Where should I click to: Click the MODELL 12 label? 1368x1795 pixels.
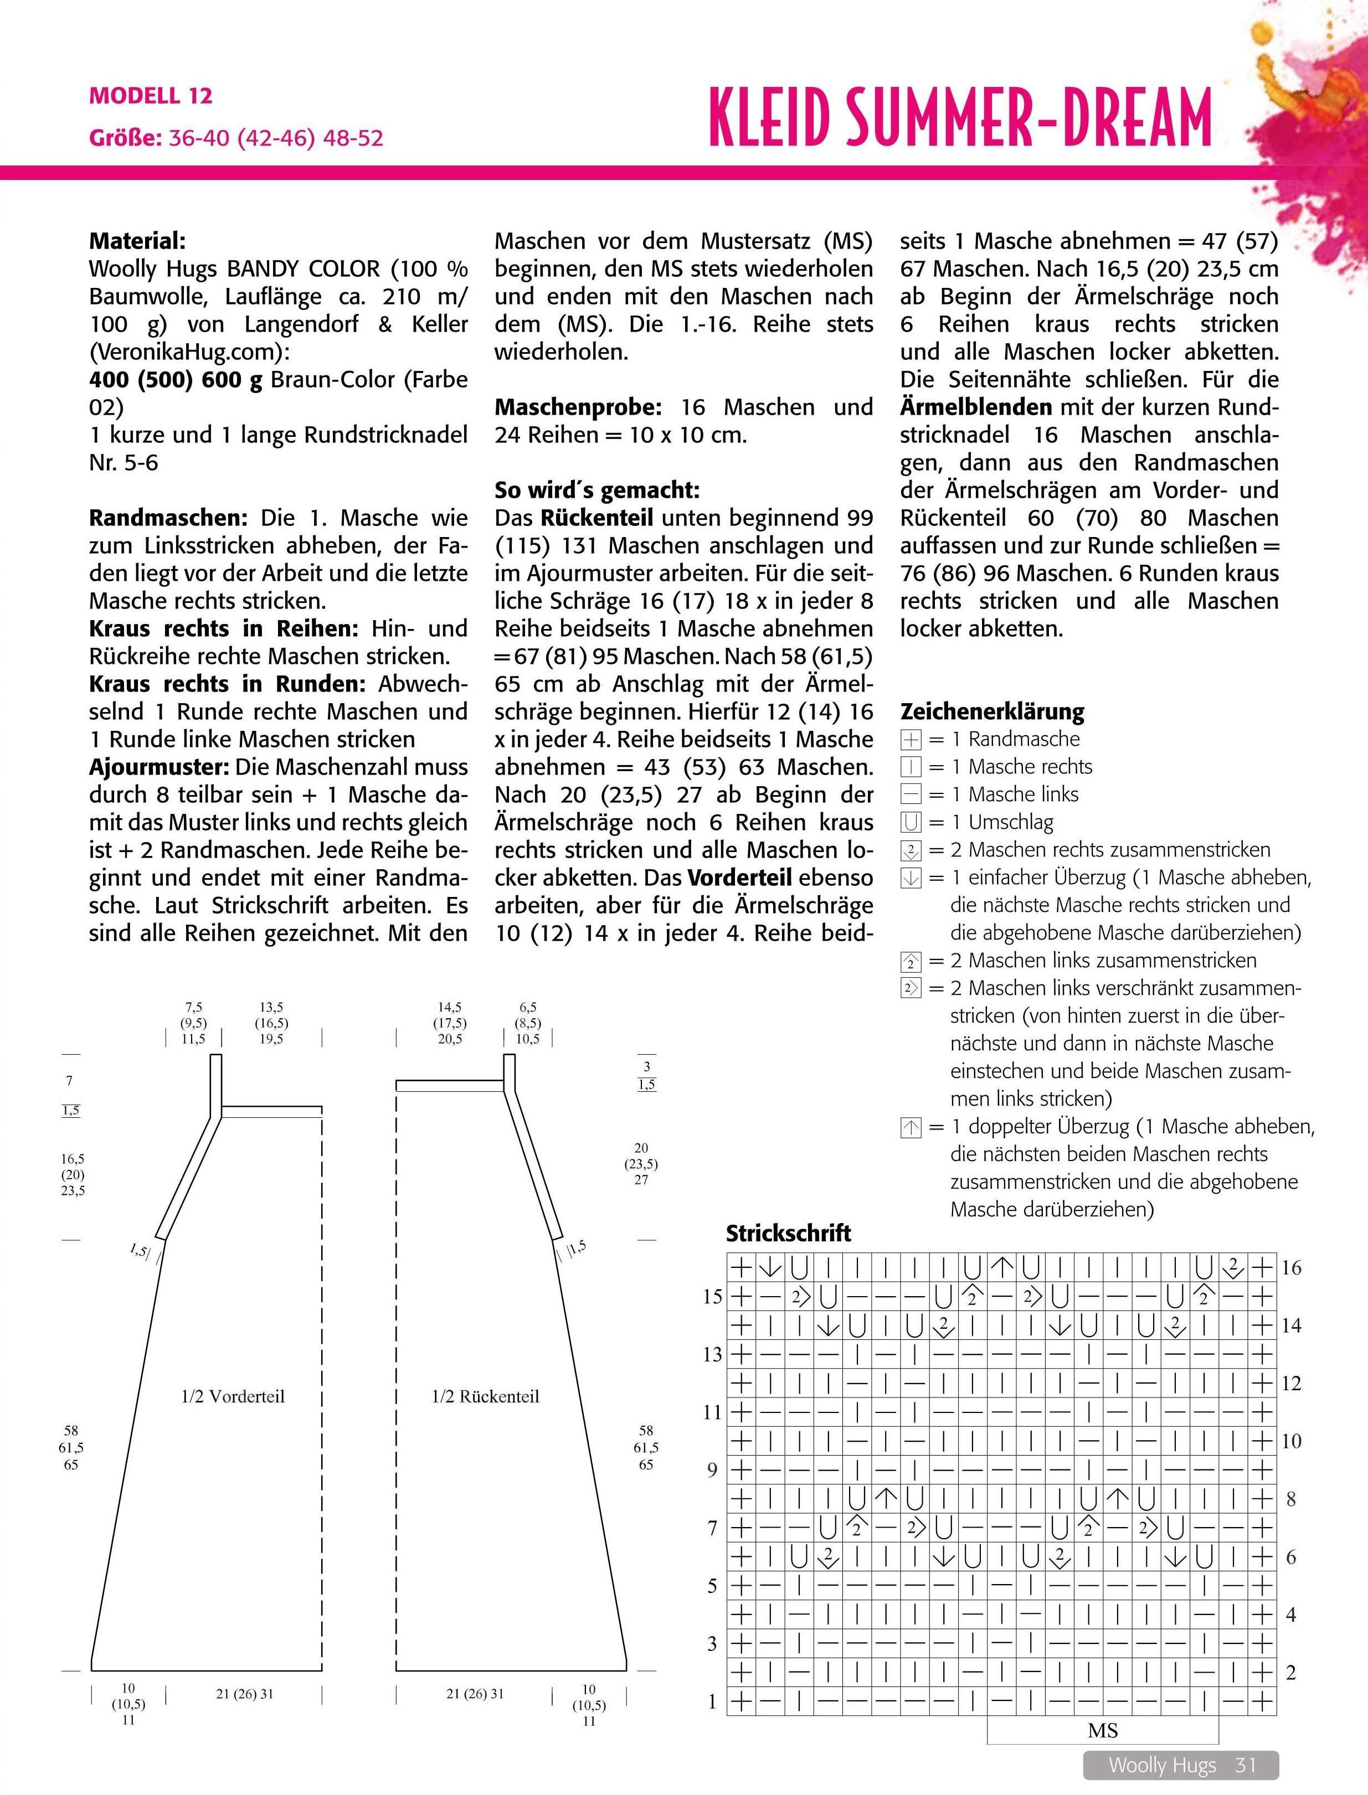151,96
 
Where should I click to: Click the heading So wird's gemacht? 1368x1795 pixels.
597,490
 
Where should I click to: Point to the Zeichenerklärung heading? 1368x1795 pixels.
992,711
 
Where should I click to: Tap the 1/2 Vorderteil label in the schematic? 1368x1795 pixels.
233,1396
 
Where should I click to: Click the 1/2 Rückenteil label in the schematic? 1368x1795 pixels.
485,1396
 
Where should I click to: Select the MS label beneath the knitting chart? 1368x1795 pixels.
1103,1731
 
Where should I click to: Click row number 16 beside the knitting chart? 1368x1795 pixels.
1292,1267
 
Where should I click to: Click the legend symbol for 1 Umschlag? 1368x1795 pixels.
911,822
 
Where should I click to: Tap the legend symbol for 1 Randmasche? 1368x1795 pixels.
911,739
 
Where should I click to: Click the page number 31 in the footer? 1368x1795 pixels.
1246,1765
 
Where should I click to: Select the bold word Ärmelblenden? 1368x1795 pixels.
975,407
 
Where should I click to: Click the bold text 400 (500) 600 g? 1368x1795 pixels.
175,379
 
